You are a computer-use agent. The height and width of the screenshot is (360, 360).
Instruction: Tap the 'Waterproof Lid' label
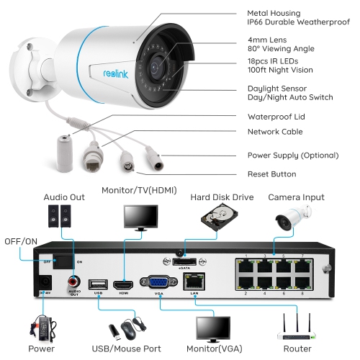[276, 116]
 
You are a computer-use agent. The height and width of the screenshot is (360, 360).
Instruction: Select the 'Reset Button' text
[271, 174]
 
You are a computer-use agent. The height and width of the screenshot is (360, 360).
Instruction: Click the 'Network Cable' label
[275, 132]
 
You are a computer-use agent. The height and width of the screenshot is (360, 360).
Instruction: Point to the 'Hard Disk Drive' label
[222, 197]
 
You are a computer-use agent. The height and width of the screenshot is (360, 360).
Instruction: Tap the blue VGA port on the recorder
[156, 282]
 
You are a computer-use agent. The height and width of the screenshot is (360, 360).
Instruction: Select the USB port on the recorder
[96, 283]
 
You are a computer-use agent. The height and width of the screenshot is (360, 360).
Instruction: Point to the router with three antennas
[301, 328]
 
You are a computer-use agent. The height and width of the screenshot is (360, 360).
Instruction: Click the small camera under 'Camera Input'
[295, 215]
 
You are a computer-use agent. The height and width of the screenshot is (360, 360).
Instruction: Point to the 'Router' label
[298, 348]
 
